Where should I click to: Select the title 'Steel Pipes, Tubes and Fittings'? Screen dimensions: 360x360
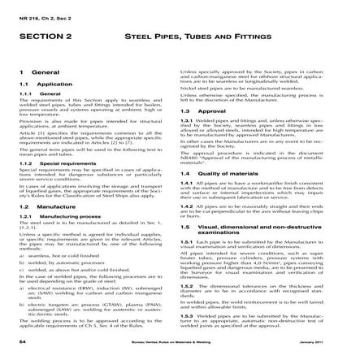[x=210, y=37]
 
